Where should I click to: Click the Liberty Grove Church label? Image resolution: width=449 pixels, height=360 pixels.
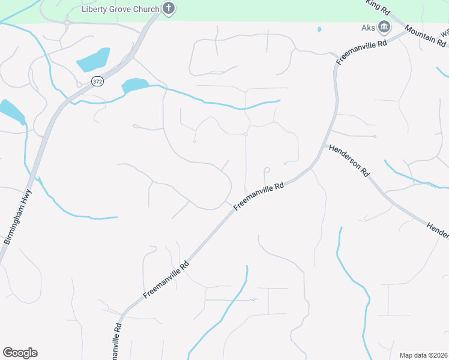[x=121, y=9]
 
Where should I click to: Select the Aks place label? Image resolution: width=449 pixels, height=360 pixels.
[x=368, y=26]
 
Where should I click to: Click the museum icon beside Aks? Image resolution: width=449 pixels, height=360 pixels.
[x=384, y=26]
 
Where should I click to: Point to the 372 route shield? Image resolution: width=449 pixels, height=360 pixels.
[x=97, y=80]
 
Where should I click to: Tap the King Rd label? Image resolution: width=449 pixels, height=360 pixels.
[x=378, y=7]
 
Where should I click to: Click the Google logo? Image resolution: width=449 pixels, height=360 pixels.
[x=20, y=353]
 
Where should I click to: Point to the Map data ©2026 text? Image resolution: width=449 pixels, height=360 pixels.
[x=423, y=355]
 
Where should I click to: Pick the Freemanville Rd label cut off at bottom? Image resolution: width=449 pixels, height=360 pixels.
[x=118, y=341]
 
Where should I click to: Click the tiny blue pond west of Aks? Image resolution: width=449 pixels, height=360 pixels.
[x=319, y=29]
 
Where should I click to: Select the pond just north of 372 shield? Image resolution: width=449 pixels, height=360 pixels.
[x=94, y=59]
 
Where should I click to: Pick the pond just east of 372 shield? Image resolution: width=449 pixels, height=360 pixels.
[x=135, y=86]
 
